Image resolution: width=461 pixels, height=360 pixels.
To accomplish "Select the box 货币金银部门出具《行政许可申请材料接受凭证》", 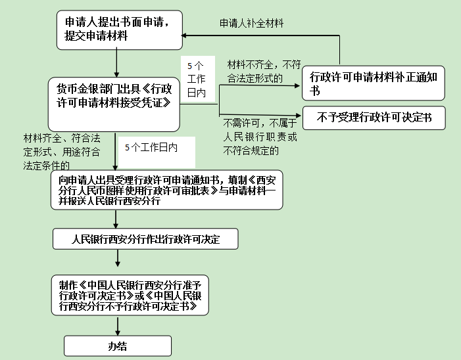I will [114, 96].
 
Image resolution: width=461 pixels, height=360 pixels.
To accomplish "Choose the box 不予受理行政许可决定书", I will [374, 118].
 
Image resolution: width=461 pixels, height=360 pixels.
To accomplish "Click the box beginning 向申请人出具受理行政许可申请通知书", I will [167, 191].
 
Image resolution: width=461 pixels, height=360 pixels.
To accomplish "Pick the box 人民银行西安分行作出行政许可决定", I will [145, 240].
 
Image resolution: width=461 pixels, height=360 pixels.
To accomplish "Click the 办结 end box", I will [118, 346].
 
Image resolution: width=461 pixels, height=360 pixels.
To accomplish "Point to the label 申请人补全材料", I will [252, 24].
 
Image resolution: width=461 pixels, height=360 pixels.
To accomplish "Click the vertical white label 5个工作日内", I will [197, 79].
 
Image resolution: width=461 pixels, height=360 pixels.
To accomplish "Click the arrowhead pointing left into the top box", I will [186, 35].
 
